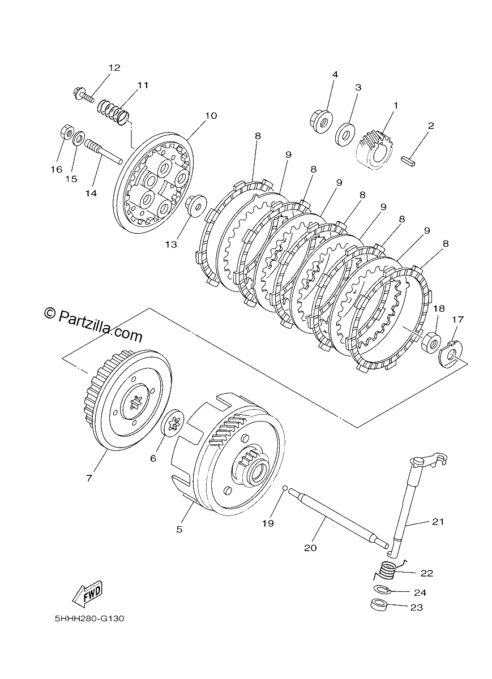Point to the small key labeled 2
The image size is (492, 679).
pos(408,160)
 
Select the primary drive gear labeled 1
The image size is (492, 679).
pos(375,150)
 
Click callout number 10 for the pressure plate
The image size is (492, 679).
pos(211,116)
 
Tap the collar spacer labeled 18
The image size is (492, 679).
pos(431,341)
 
